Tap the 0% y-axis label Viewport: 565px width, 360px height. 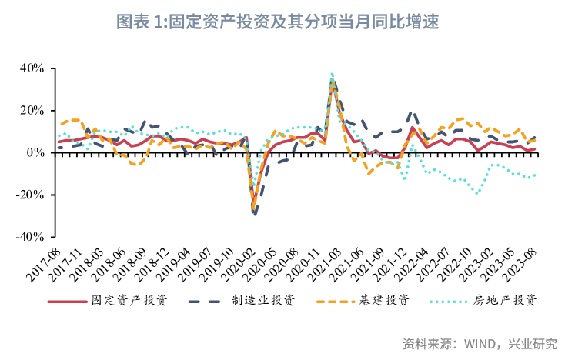[37, 152]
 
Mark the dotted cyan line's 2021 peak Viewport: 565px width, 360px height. [332, 74]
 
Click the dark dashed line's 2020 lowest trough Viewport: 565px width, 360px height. [254, 215]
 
